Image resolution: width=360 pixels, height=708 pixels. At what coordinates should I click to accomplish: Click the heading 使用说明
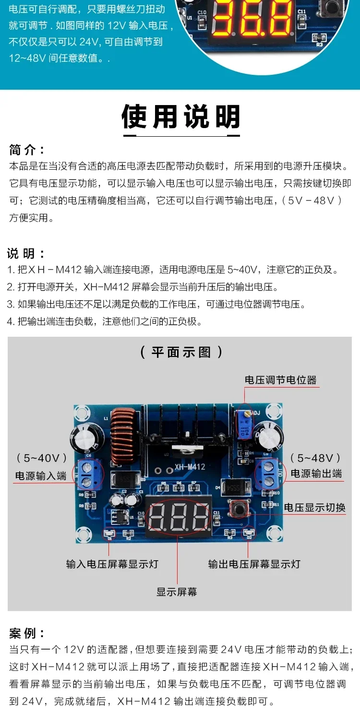180,117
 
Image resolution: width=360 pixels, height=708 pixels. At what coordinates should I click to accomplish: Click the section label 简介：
27,150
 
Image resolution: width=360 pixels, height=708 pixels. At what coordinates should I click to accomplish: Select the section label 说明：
27,253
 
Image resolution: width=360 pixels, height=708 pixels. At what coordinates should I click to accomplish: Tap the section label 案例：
27,633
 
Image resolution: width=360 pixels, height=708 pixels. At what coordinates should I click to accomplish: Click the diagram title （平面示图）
181,352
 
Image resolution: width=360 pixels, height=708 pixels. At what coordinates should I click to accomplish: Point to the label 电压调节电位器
281,380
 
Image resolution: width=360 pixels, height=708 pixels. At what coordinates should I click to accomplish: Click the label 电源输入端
41,476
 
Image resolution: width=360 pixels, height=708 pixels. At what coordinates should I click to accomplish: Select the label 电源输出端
316,473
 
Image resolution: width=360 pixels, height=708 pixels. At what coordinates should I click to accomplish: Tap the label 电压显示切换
315,507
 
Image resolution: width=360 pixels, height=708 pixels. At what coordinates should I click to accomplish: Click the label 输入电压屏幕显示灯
112,564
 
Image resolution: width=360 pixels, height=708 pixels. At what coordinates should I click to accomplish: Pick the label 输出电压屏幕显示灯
254,564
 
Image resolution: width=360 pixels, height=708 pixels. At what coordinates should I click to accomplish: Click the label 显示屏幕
177,592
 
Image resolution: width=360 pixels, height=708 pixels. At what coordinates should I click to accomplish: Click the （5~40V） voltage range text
42,458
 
